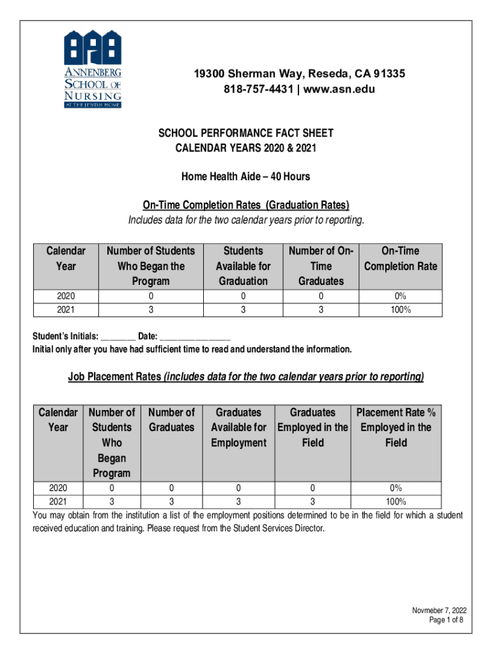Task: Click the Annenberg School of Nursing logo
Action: [x=92, y=68]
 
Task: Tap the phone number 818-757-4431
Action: [x=260, y=89]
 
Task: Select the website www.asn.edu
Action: [x=339, y=89]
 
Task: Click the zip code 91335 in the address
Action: [x=388, y=75]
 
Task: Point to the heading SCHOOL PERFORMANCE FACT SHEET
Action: [x=246, y=133]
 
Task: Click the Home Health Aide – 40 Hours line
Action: [x=246, y=176]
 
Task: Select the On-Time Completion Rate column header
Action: [x=400, y=259]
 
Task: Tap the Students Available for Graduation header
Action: [x=243, y=266]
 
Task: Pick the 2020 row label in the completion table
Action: [x=65, y=296]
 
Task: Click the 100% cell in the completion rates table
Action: [x=400, y=310]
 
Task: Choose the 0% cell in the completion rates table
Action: [x=400, y=296]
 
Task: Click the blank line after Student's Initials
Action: [x=118, y=337]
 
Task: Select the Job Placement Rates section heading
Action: [x=246, y=377]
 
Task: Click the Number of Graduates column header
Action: [x=171, y=420]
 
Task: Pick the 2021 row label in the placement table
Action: [x=58, y=501]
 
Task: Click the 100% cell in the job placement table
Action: [x=396, y=501]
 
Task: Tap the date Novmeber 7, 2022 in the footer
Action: [x=439, y=610]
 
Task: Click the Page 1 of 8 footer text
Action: [x=447, y=620]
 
